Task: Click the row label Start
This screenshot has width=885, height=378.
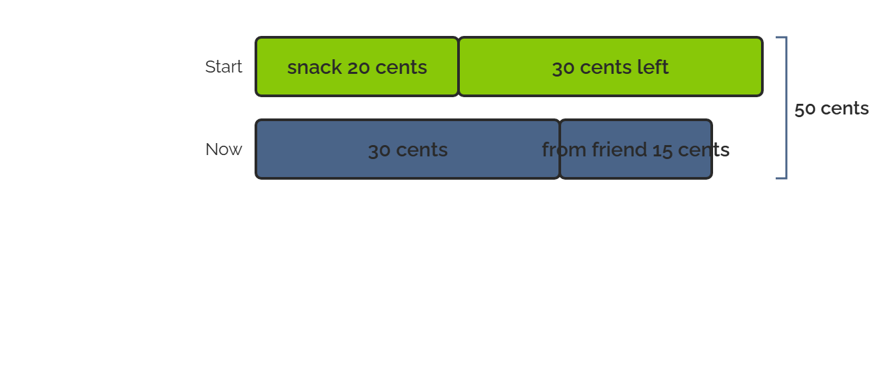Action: click(x=224, y=67)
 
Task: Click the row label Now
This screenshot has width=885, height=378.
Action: click(x=224, y=150)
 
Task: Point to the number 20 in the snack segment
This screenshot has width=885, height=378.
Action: click(x=359, y=67)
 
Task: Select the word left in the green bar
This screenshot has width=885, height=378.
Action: click(x=653, y=67)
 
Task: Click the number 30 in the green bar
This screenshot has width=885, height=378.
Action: click(x=563, y=68)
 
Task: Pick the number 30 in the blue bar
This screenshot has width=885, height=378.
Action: click(x=379, y=150)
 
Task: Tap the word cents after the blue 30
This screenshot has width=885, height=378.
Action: click(x=422, y=150)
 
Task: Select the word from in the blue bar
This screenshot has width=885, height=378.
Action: click(x=564, y=150)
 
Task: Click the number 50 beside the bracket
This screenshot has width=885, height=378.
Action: click(x=805, y=109)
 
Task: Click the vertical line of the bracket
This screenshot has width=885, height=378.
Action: click(x=786, y=108)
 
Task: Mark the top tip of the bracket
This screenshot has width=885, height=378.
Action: click(x=776, y=37)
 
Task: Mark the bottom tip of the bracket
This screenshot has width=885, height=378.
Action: click(x=776, y=178)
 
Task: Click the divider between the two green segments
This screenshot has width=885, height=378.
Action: click(x=458, y=67)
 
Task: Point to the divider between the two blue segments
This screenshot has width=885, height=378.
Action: click(x=560, y=149)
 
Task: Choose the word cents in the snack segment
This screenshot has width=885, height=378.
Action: click(x=401, y=67)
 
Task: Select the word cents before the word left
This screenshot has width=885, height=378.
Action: click(x=606, y=67)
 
